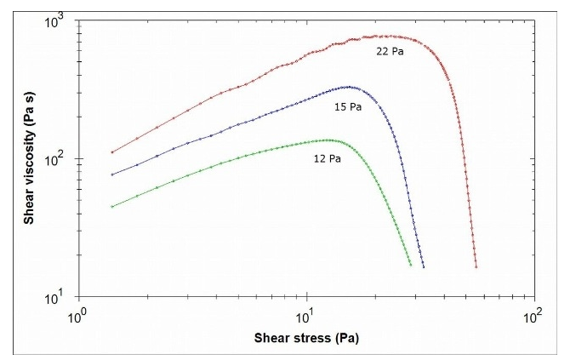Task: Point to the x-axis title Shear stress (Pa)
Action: click(x=305, y=337)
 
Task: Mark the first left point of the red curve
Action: click(x=112, y=152)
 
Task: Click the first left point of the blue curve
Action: click(x=112, y=174)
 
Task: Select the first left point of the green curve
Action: click(x=112, y=206)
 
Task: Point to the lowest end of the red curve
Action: click(x=476, y=266)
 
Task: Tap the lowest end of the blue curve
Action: click(x=423, y=266)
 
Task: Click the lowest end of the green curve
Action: click(x=410, y=265)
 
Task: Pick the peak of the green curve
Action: click(x=328, y=140)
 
